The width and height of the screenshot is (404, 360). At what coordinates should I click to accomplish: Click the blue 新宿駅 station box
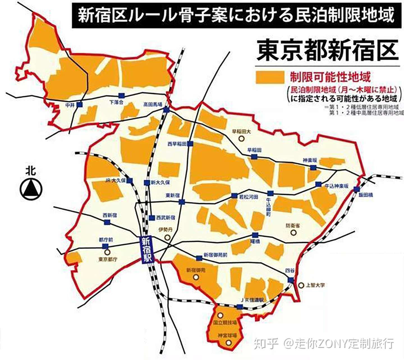tap(146, 250)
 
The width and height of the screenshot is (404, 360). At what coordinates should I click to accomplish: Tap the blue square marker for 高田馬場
tap(167, 110)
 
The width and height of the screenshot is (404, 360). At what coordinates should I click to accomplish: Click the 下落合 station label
tap(116, 102)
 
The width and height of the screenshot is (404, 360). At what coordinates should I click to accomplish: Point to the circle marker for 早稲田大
tap(241, 138)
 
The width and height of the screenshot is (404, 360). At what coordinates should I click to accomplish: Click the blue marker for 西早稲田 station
tap(190, 144)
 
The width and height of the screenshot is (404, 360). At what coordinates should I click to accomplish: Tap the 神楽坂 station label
tap(310, 160)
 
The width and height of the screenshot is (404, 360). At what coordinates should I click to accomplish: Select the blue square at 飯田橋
tap(356, 189)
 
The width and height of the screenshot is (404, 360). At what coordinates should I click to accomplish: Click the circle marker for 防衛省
tap(293, 233)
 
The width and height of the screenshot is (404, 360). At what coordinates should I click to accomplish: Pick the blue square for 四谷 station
tap(291, 280)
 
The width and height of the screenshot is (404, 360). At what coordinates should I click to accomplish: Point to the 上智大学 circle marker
tap(301, 285)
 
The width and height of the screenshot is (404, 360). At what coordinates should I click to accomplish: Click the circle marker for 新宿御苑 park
tap(196, 277)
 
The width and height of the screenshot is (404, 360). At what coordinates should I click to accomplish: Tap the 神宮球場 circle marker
tap(229, 343)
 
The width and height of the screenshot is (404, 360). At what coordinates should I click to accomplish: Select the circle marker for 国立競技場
tap(221, 315)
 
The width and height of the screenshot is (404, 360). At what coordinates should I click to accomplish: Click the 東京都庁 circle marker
tap(107, 252)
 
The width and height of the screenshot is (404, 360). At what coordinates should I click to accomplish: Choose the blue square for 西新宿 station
tap(107, 222)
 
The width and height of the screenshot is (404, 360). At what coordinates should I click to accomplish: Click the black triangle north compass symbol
tap(31, 188)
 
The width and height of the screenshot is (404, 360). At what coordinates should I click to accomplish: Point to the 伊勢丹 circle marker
tap(167, 237)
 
